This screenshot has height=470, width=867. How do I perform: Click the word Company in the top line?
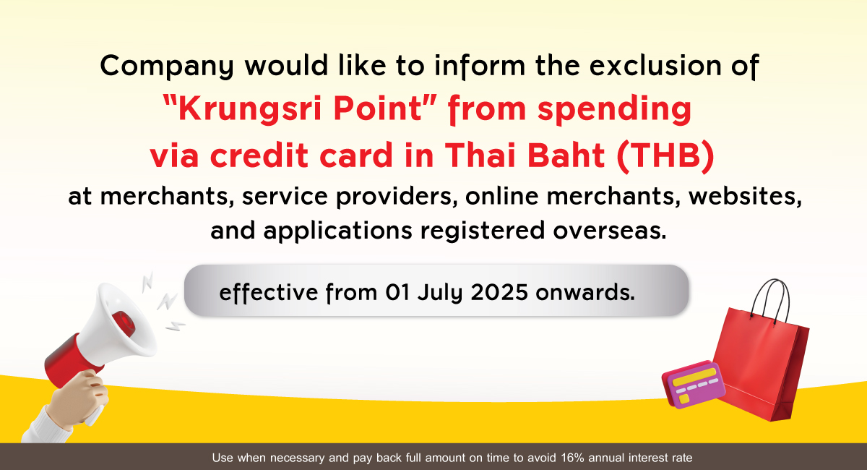point(167,67)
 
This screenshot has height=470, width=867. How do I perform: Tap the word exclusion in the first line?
point(655,65)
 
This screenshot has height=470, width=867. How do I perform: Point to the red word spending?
point(614,109)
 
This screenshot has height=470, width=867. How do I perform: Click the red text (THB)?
point(665,155)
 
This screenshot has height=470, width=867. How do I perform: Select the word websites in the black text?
point(745,197)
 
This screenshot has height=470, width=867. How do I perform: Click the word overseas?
point(610,231)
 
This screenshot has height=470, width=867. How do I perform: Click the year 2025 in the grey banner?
point(499,293)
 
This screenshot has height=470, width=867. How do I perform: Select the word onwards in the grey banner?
point(585,293)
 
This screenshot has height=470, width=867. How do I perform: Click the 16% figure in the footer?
point(572,458)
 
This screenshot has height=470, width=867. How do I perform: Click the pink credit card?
point(694,385)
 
